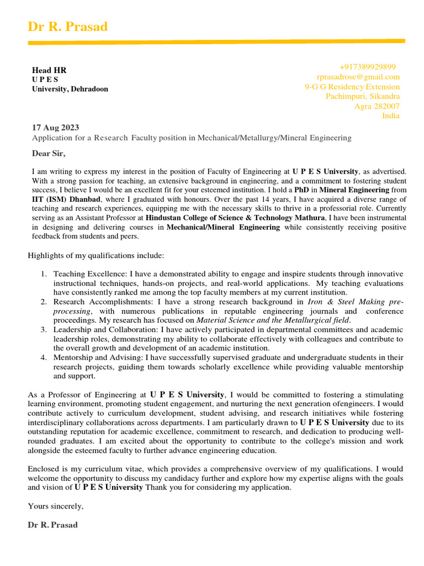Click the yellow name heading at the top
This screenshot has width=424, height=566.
pos(68,27)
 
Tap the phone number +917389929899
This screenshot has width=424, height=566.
pos(367,66)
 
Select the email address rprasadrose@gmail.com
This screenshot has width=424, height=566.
pos(358,77)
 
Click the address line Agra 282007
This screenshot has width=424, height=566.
pos(377,106)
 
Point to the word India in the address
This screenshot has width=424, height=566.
pos(391,116)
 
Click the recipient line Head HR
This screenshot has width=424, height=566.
pos(49,70)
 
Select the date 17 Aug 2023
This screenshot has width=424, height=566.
pos(55,128)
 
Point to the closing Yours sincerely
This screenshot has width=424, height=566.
pos(55,506)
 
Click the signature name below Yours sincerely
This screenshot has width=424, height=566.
pos(52,525)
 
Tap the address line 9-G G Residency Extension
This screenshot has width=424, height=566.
pos(352,87)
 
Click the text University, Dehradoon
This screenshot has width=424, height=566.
pos(70,89)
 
